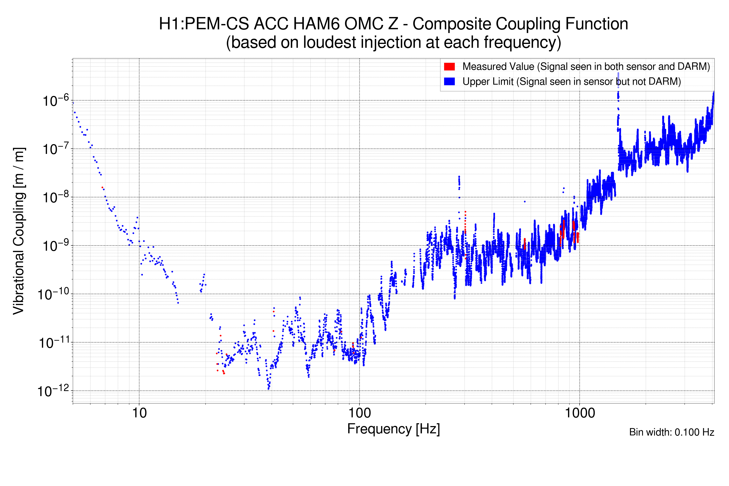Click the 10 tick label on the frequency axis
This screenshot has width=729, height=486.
[139, 413]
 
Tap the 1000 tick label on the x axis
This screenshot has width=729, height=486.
[580, 413]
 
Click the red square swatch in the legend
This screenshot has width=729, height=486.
[449, 67]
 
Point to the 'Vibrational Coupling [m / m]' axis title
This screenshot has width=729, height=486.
[19, 231]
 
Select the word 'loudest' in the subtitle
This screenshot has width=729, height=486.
[329, 43]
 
